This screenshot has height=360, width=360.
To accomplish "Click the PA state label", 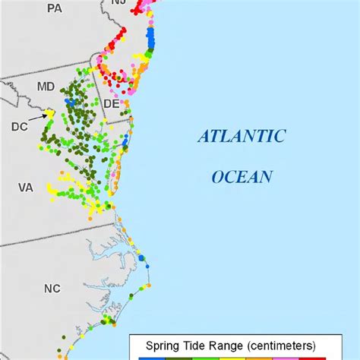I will point(54,8).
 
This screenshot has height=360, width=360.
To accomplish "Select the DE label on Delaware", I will point(111,103).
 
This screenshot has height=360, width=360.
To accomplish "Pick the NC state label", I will point(51,289).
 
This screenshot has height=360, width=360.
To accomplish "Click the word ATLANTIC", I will point(242,137).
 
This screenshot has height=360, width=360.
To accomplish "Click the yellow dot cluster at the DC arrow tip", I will point(49,112).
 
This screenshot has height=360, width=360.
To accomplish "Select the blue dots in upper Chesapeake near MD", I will point(70,100).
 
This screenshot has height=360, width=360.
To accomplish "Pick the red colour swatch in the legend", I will point(314,357).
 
